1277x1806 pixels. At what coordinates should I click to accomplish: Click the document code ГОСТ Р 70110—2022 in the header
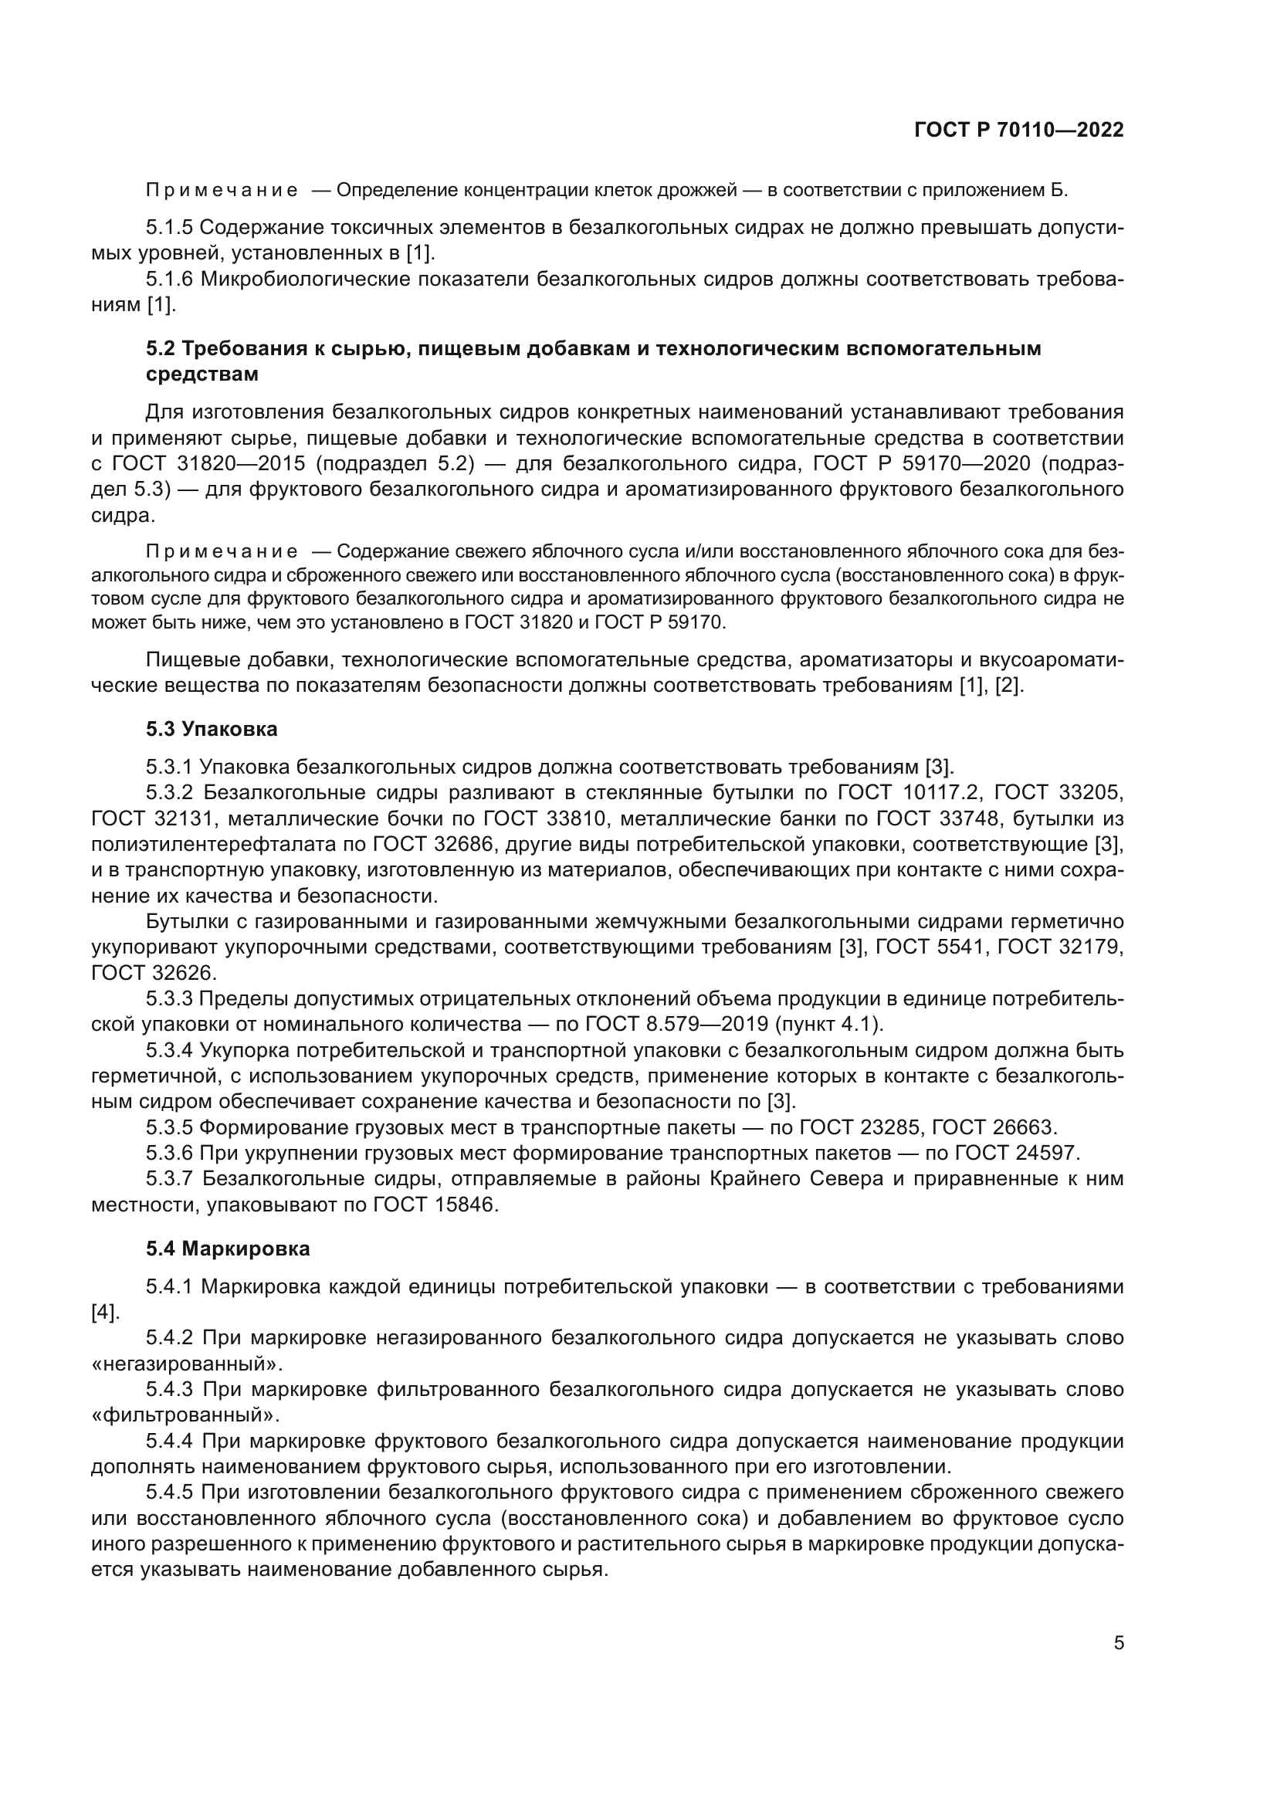coord(1018,130)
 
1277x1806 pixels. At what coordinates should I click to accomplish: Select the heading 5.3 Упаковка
coord(212,729)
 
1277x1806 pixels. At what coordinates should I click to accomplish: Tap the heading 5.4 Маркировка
coord(228,1249)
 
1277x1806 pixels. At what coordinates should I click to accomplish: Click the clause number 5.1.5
coord(169,228)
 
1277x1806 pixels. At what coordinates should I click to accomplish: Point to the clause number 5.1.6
coord(169,280)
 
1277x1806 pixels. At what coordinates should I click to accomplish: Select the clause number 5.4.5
coord(169,1493)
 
